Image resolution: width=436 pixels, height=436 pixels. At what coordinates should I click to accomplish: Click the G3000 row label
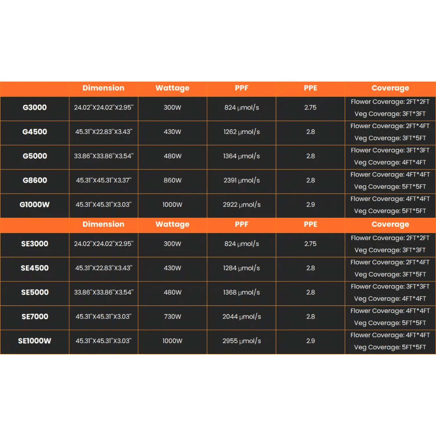point(35,108)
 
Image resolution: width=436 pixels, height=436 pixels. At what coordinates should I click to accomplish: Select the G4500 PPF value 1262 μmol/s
point(242,132)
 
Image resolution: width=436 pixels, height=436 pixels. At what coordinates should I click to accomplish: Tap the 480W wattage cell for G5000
point(172,156)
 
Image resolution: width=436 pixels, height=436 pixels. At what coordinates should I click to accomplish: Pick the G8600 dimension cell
point(103,181)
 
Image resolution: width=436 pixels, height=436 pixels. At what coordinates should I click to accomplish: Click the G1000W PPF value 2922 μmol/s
point(242,205)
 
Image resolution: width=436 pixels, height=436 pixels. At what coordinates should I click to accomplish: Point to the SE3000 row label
point(35,244)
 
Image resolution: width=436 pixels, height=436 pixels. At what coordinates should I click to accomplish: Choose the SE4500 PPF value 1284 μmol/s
point(242,268)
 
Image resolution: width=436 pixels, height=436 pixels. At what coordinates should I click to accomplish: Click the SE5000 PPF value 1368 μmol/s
point(242,292)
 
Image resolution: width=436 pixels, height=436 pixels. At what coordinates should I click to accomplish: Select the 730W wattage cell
point(172,317)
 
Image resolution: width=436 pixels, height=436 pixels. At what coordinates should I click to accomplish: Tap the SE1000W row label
point(35,341)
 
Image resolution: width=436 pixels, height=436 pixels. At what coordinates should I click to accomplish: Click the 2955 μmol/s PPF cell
point(242,341)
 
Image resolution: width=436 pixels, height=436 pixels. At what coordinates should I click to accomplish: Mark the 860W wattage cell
point(172,181)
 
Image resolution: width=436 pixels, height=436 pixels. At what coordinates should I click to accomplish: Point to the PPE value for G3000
point(310,108)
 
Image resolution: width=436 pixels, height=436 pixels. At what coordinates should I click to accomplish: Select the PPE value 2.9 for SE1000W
point(310,341)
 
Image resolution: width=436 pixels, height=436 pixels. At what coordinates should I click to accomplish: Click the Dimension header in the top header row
point(103,88)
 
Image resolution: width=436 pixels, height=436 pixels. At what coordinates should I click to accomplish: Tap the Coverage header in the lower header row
point(390,224)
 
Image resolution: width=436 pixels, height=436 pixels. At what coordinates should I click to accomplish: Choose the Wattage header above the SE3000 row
point(172,224)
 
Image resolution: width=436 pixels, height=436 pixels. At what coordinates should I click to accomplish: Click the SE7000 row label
point(35,317)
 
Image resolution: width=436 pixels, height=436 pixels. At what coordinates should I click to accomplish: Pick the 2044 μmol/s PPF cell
point(242,317)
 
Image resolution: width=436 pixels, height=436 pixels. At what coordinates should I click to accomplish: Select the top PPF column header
point(242,88)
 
